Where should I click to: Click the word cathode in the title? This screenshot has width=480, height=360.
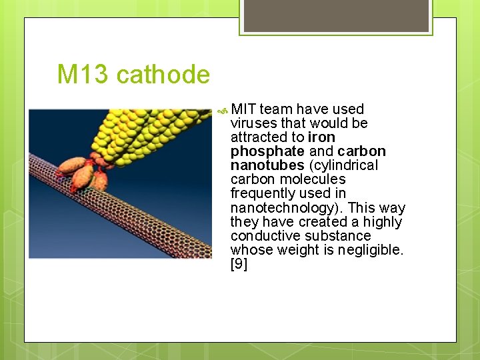(163, 74)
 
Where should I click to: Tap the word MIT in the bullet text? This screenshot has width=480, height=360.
(243, 109)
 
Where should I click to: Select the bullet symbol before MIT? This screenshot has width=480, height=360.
(223, 110)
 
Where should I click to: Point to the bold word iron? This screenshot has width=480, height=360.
(321, 137)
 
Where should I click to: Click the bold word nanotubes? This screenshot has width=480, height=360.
(267, 165)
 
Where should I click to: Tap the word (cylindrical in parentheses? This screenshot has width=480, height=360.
(343, 165)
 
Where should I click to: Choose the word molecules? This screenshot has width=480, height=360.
(313, 179)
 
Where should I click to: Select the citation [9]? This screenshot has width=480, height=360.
(239, 264)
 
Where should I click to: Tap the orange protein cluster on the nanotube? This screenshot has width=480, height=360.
(83, 172)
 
